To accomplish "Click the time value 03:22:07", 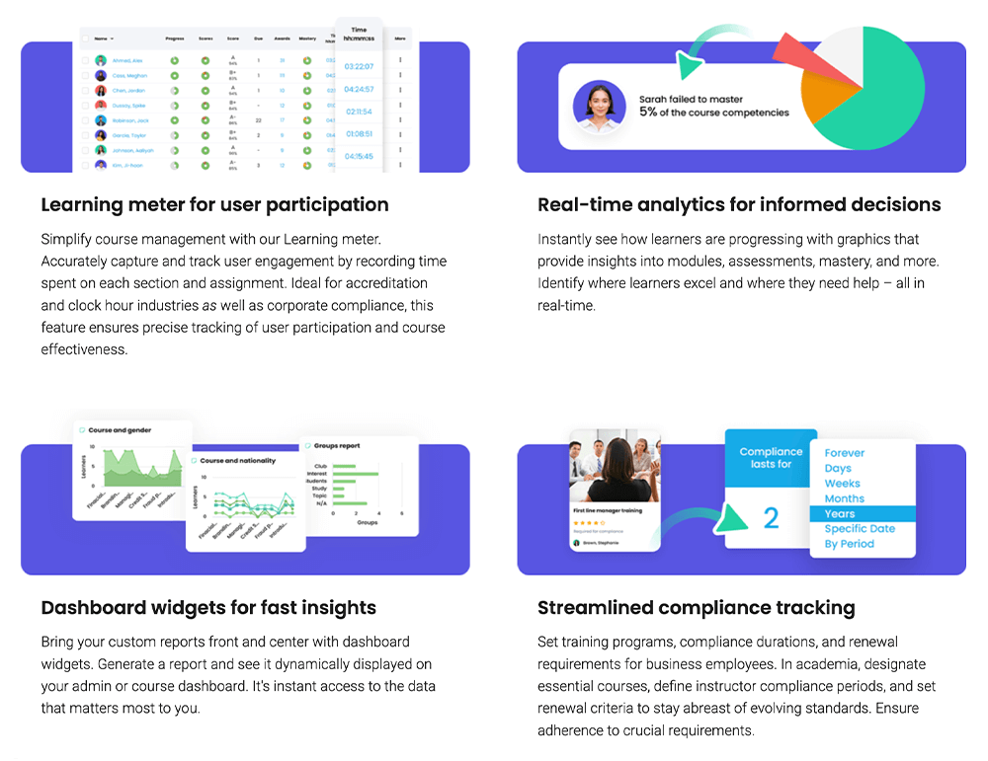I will pos(359,66).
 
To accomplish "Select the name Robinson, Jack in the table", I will pos(130,119).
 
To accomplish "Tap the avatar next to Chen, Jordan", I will pos(101,90).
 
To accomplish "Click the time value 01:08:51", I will pos(359,133).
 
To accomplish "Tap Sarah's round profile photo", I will pos(598,107).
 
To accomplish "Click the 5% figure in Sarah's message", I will pos(648,113).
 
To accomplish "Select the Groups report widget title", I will pos(337,446).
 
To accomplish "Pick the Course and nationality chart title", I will pos(238,461).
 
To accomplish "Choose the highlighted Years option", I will pos(840,514).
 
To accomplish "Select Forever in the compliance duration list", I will pos(845,453).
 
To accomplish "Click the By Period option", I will pos(850,544).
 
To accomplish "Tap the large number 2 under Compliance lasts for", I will pos(772,517).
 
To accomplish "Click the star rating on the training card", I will pos(589,523).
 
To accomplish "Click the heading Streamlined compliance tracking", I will pos(696,608).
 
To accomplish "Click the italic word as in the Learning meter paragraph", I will pos(209,306).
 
